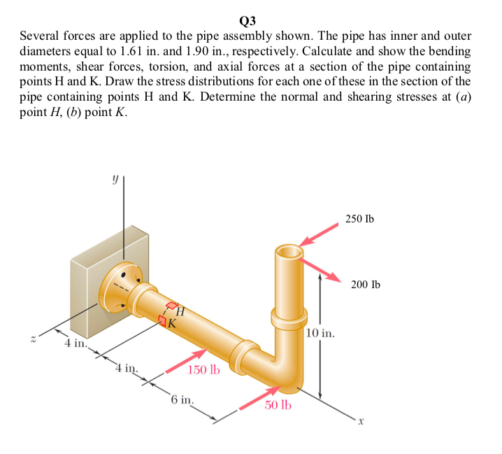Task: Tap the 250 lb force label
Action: tap(359, 219)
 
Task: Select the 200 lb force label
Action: tap(366, 285)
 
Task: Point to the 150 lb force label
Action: tap(203, 369)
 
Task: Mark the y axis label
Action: tap(112, 179)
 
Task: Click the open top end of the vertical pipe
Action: tap(289, 250)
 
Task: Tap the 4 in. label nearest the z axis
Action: tap(76, 344)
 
